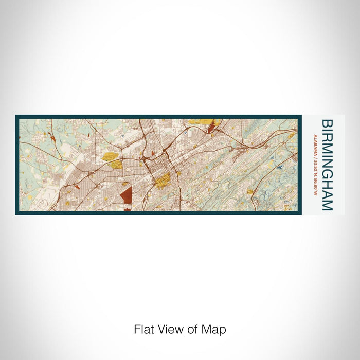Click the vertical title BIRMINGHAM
327,165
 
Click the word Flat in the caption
143,329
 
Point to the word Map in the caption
215,329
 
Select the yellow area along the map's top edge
201,121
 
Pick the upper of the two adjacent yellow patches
109,156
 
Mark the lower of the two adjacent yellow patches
115,165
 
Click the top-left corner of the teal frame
16,116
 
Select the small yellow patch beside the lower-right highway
250,192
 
